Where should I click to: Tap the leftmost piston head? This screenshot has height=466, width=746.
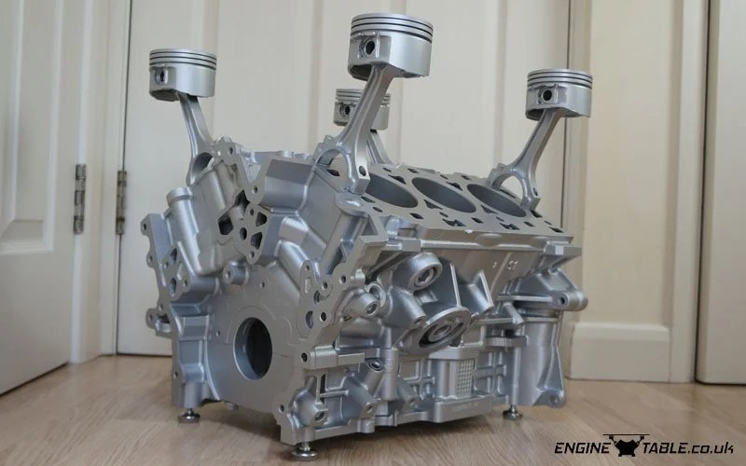click(x=183, y=62)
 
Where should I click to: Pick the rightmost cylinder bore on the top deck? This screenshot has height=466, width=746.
click(x=495, y=200)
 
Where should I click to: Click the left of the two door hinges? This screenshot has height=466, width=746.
click(x=80, y=199)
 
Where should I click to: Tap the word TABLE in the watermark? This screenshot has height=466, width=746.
click(x=663, y=446)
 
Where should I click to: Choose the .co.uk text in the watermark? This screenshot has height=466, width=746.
click(x=714, y=447)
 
